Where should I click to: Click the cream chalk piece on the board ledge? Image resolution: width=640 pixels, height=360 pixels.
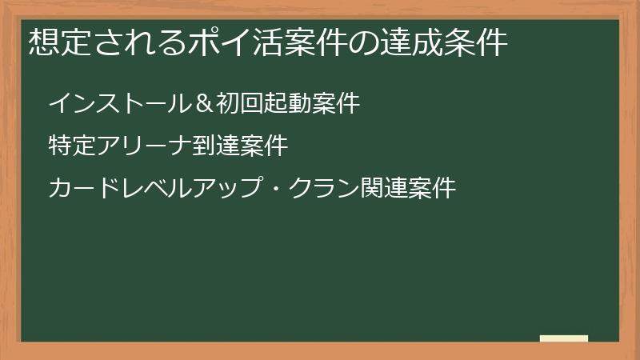pyautogui.click(x=564, y=338)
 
